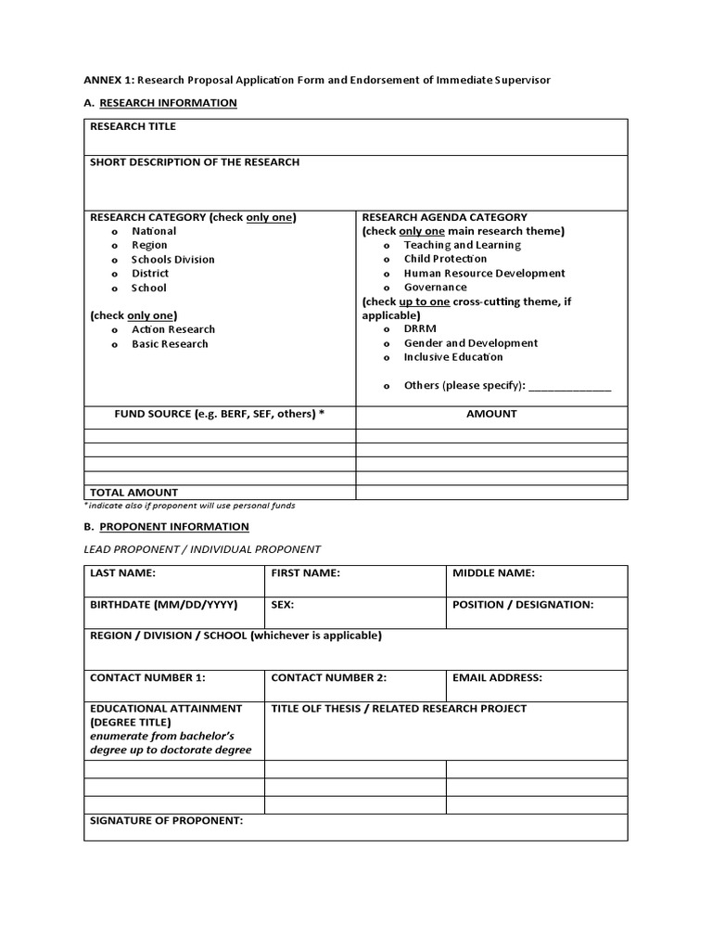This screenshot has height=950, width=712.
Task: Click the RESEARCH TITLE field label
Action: pyautogui.click(x=133, y=126)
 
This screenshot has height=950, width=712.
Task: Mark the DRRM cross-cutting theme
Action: pyautogui.click(x=387, y=329)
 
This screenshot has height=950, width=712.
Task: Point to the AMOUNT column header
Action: pyautogui.click(x=491, y=414)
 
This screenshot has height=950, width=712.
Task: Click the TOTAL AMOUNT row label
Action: pyautogui.click(x=133, y=493)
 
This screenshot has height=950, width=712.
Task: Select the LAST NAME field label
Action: pyautogui.click(x=122, y=573)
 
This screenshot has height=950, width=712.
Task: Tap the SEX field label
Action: pyautogui.click(x=282, y=605)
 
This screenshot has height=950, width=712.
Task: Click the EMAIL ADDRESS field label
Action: pyautogui.click(x=497, y=678)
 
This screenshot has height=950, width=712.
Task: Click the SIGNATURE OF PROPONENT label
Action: pyautogui.click(x=166, y=821)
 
